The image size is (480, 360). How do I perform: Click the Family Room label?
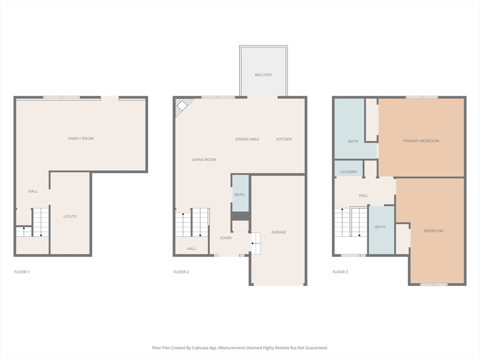[x=81, y=138]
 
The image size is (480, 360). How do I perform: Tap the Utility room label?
[x=70, y=217]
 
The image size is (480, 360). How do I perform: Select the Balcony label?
[x=263, y=75]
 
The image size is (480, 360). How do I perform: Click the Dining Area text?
[x=247, y=139]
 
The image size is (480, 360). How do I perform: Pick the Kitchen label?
[x=284, y=139]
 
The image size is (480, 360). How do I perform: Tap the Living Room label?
[x=204, y=159]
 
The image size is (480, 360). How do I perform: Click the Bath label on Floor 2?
[x=240, y=195]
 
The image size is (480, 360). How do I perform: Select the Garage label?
[x=278, y=232]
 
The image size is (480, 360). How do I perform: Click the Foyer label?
[x=225, y=238]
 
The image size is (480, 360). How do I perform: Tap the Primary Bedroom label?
[x=421, y=141]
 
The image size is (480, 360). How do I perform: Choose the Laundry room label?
[x=348, y=172]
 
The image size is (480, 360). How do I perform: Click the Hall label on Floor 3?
[x=363, y=195]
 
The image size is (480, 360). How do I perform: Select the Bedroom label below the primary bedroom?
[x=434, y=231]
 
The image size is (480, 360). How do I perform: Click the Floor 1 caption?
[x=22, y=272]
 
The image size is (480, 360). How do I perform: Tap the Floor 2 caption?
[x=181, y=272]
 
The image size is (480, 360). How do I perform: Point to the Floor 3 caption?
[x=340, y=272]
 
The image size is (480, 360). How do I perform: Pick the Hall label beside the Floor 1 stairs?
[x=33, y=191]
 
